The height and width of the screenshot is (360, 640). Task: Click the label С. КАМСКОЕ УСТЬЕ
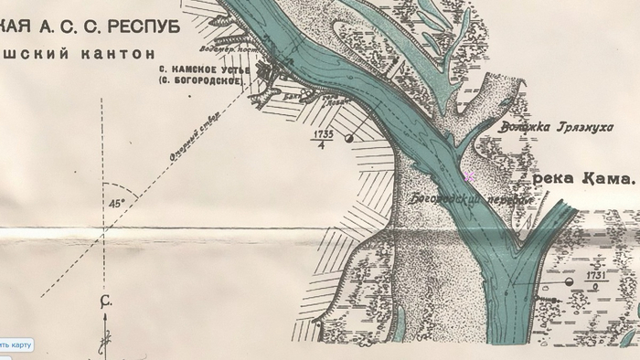tap(200, 70)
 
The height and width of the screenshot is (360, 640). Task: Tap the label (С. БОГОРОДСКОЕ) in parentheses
tap(200, 81)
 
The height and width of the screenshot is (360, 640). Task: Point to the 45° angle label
tap(115, 205)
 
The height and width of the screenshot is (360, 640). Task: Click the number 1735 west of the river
tap(322, 133)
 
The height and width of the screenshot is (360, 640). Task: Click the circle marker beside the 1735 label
tap(349, 139)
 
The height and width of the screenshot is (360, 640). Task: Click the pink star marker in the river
tap(469, 175)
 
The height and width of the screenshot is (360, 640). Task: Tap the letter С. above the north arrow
tap(105, 301)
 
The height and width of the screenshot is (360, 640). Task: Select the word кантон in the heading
tap(123, 53)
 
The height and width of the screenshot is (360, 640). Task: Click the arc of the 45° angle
tap(129, 195)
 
